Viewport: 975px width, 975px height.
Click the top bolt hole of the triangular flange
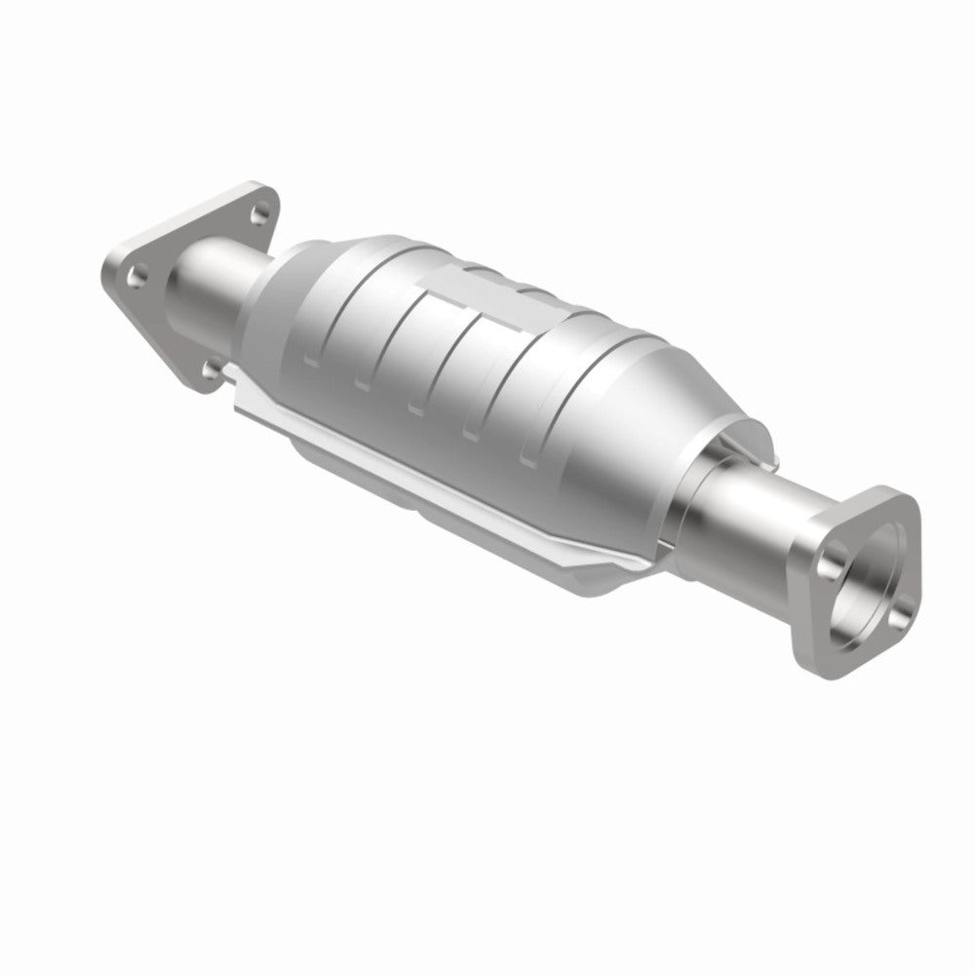point(258,205)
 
